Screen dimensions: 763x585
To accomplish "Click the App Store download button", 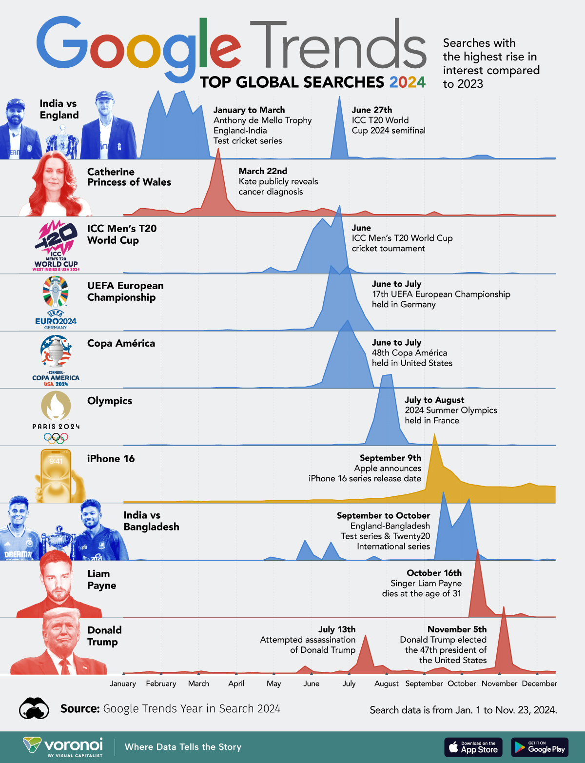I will point(472,747).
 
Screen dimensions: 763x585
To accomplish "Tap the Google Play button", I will point(539,747).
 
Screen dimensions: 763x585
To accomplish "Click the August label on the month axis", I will point(387,684).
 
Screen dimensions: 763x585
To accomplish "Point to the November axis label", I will point(499,684).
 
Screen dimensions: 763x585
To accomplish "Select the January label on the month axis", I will point(123,684).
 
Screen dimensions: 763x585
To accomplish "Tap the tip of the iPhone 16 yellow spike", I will point(434,435).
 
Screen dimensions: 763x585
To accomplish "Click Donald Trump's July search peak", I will point(365,636).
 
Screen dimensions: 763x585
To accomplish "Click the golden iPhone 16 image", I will point(56,475).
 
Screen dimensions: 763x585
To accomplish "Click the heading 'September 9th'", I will point(390,458).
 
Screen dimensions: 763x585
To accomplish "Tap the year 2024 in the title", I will point(408,82).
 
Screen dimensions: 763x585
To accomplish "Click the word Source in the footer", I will point(80,708).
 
